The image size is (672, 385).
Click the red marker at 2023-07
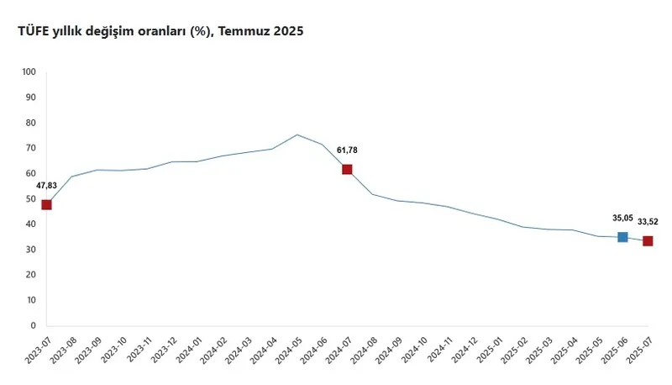(46, 204)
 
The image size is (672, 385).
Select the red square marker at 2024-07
(347, 169)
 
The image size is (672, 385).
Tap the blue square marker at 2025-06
(622, 237)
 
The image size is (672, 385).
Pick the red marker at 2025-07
(648, 240)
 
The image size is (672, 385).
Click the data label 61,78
(348, 150)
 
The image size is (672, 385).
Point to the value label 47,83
(46, 186)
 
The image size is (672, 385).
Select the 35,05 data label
(622, 218)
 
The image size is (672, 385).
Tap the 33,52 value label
(648, 222)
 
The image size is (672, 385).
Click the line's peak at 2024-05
(297, 134)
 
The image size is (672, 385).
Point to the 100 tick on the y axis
(29, 71)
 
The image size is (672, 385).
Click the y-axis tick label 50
(31, 198)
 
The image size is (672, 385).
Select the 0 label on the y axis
(34, 325)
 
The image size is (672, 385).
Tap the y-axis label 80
(31, 123)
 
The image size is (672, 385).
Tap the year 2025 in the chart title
(288, 31)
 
